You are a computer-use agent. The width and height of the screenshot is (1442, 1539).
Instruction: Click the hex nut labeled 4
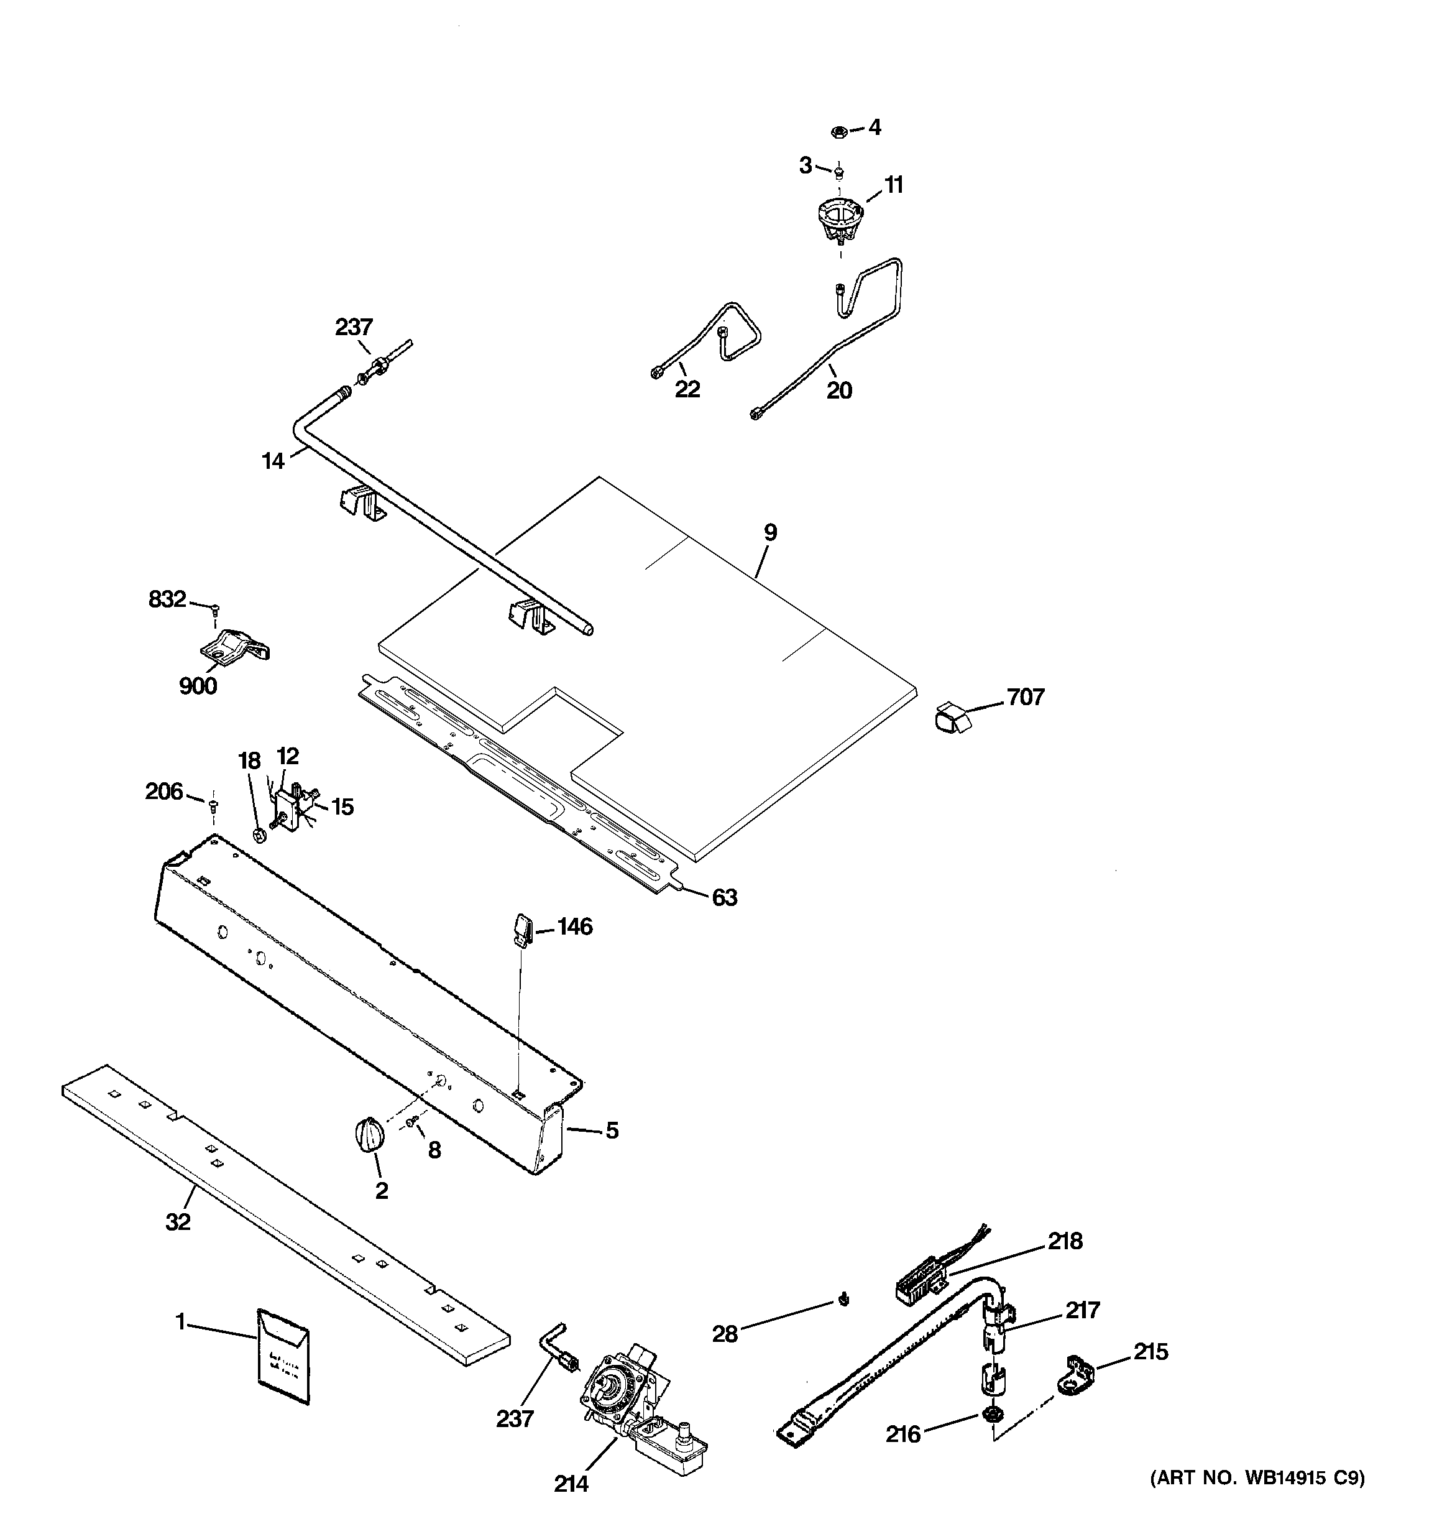(x=837, y=131)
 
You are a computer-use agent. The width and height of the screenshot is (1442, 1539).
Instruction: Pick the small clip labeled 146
(x=521, y=929)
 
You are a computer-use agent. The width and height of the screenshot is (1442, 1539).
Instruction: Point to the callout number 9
(x=769, y=533)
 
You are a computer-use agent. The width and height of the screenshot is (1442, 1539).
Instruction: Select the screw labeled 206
(x=213, y=805)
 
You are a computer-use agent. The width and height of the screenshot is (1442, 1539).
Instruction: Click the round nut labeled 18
(x=260, y=835)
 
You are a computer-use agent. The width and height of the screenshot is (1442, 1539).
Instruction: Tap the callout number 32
(x=177, y=1222)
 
